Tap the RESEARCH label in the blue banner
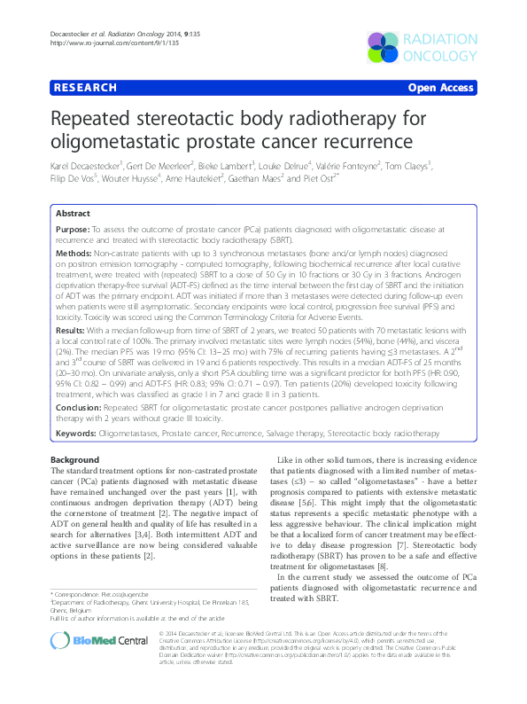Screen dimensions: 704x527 [85, 88]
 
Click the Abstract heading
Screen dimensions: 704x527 [73, 214]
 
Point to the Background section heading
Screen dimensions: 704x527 [74, 460]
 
